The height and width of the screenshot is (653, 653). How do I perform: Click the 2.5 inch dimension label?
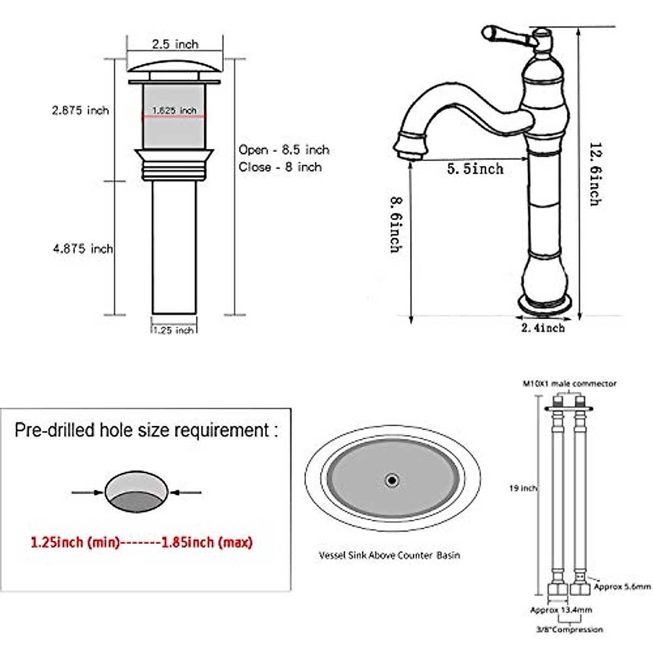click(175, 44)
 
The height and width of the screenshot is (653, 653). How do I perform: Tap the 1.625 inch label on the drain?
click(174, 110)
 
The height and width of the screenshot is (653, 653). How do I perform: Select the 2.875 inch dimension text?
click(81, 110)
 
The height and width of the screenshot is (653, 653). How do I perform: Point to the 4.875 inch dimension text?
click(83, 249)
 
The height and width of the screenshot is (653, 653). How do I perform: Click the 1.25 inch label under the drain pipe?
click(174, 330)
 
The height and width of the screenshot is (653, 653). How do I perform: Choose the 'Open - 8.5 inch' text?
click(284, 150)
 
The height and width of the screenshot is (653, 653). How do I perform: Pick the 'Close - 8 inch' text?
click(280, 167)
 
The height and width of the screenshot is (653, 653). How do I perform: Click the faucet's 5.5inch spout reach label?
click(475, 169)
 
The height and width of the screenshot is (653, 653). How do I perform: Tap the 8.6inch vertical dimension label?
click(396, 224)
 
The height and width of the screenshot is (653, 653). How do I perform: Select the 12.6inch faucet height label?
click(595, 174)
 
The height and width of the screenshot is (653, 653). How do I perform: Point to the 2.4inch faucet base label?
click(543, 328)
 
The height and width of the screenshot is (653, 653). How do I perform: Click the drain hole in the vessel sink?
click(391, 480)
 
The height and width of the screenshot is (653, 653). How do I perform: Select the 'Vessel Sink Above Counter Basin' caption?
click(389, 555)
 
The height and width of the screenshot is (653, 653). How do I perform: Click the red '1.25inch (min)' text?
click(75, 542)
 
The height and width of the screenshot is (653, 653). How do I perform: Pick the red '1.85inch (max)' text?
click(207, 542)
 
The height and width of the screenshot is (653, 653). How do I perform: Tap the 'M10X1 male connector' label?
click(569, 384)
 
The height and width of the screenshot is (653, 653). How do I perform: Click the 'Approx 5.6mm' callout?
click(622, 587)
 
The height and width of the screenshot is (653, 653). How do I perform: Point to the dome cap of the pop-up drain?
click(175, 68)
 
